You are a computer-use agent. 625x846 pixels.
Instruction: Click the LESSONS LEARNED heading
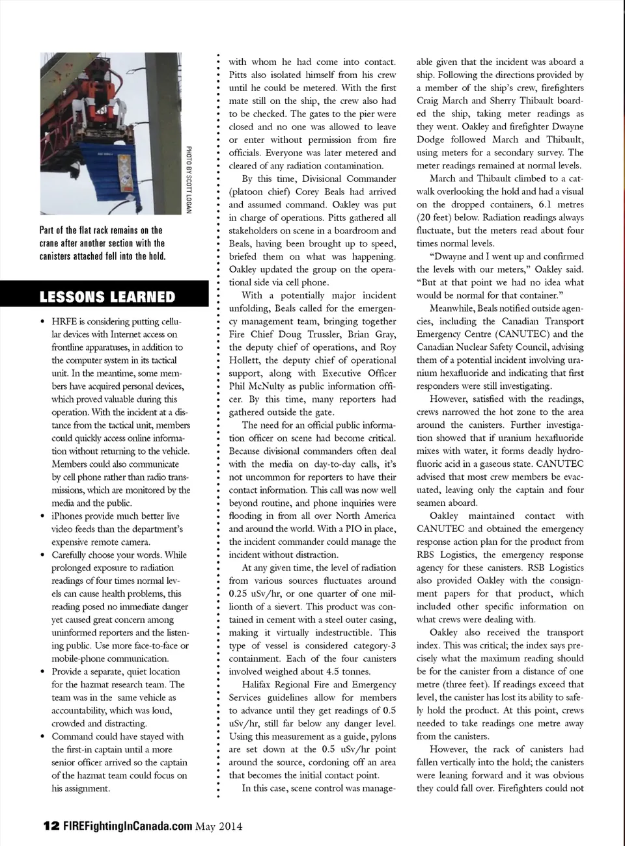pyautogui.click(x=107, y=297)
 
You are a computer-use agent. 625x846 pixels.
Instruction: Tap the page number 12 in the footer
pyautogui.click(x=49, y=826)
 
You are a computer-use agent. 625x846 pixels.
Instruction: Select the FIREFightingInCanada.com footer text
pyautogui.click(x=128, y=826)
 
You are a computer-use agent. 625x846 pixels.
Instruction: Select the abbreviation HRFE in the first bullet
pyautogui.click(x=66, y=321)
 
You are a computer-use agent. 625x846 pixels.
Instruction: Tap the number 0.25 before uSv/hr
pyautogui.click(x=241, y=594)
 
